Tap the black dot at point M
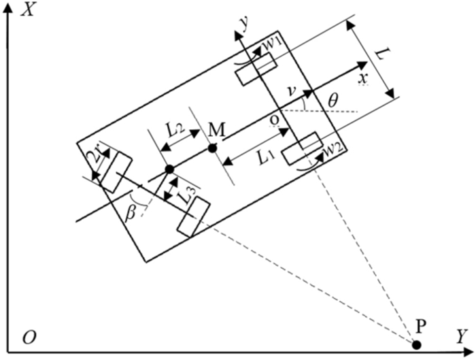[x=212, y=148]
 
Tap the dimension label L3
[x=188, y=197]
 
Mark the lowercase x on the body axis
[x=363, y=78]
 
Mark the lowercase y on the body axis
[x=240, y=22]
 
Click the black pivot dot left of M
[x=169, y=169]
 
